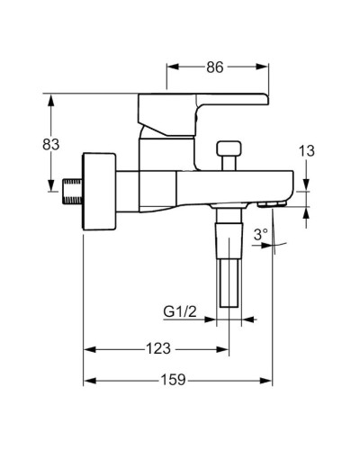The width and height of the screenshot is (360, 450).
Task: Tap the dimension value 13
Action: (307, 151)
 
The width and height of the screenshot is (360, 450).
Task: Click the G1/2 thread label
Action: (180, 312)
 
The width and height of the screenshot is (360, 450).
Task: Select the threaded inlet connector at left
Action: (73, 193)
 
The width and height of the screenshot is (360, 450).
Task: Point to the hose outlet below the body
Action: (229, 261)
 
